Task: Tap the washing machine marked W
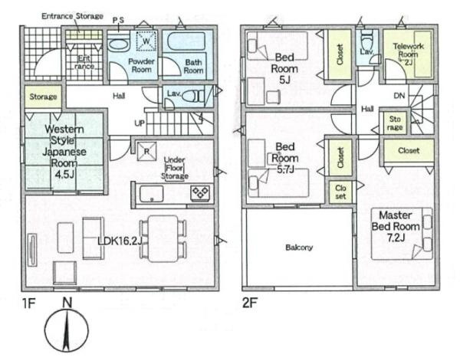pos(146,41)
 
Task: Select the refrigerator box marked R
pos(146,152)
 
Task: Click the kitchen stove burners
pos(201,193)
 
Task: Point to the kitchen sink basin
pos(151,194)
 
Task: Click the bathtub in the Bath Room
pos(186,41)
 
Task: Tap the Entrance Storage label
pos(72,16)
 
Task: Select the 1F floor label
pos(29,303)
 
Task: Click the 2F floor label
pos(250,303)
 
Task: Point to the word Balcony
pos(299,248)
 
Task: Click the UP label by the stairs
pos(140,123)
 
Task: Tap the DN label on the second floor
pos(399,96)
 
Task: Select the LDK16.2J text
pos(120,241)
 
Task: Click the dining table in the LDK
pos(163,238)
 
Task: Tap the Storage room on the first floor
pos(43,97)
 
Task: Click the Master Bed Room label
pos(396,226)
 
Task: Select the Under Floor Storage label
pos(175,168)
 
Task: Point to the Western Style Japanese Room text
pos(64,152)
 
